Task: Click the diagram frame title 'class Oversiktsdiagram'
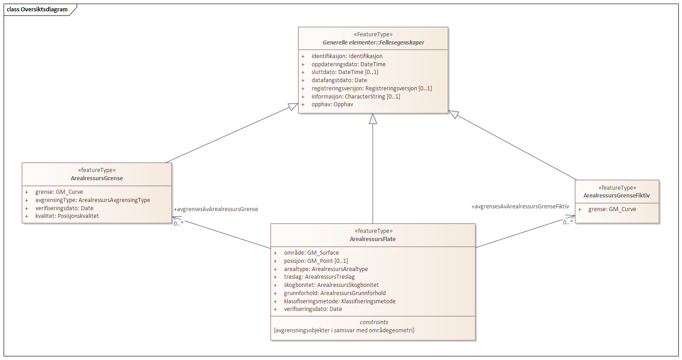[x=37, y=10]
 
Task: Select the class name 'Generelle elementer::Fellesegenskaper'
[x=373, y=43]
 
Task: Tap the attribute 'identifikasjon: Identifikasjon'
[x=347, y=56]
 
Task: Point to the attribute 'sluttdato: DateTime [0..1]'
[x=345, y=72]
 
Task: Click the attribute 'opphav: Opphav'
[x=332, y=104]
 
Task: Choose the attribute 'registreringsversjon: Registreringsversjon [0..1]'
[x=372, y=89]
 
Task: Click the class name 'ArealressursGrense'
[x=97, y=178]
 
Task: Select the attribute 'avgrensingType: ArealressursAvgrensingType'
[x=93, y=200]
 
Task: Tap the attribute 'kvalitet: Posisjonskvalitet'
[x=67, y=216]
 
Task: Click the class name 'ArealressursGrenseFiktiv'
[x=617, y=196]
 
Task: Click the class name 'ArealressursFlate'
[x=373, y=239]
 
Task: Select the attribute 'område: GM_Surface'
[x=311, y=253]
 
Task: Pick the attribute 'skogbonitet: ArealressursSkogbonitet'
[x=331, y=285]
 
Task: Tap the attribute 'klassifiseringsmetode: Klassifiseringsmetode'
[x=339, y=301]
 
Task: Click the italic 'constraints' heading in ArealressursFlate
[x=373, y=322]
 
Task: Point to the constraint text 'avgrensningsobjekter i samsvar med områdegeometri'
[x=344, y=330]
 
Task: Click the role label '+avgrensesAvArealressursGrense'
[x=216, y=209]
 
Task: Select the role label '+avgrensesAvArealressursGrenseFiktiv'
[x=520, y=207]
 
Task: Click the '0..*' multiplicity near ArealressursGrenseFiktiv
[x=568, y=222]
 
